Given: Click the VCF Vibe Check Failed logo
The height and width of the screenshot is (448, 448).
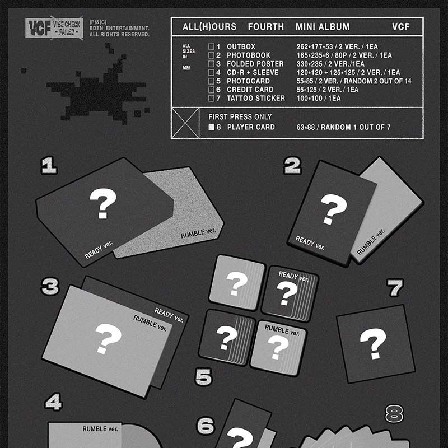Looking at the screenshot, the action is coord(54,27).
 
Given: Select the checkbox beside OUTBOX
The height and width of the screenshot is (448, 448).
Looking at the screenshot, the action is coord(211,46).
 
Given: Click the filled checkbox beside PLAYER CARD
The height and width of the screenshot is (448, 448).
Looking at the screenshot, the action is coord(211,127).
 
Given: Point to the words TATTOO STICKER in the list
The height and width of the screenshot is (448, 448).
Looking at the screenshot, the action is coord(256,99).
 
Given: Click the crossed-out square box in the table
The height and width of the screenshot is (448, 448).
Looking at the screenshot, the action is coord(185,123).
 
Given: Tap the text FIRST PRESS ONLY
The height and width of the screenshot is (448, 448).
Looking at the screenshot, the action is coord(240,117).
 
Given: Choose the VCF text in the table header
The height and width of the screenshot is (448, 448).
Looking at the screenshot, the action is coord(400,27).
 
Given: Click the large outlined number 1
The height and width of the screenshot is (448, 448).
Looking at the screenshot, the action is coord(49,165).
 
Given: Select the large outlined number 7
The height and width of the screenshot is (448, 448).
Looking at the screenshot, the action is coord(395,288).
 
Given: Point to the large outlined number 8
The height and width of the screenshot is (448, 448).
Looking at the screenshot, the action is coord(394,413).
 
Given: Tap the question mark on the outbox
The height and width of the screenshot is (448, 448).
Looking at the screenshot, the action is coord(103,203).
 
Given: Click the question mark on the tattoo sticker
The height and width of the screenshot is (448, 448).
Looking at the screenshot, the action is coord(373,343).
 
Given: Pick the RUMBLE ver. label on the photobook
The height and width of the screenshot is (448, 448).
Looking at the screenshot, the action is coord(371,242).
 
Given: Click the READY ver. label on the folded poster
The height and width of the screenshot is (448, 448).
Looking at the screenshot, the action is coord(169,315).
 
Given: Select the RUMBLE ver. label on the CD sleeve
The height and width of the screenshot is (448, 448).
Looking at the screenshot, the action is coord(100,429).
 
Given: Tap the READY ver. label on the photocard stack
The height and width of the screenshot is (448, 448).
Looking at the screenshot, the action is coord(293,276).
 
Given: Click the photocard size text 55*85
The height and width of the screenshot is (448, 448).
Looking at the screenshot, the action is coord(305,81).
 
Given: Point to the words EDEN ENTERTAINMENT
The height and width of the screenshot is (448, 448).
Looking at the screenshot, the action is coord(119,29).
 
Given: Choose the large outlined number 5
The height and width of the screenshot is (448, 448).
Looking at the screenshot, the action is coord(203,376).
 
